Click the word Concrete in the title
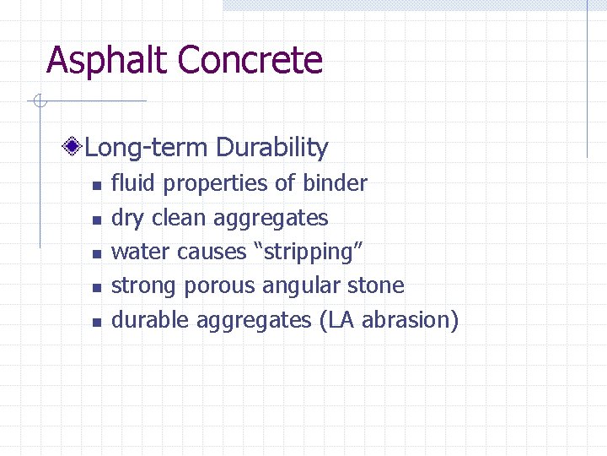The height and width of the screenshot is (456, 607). [x=250, y=61]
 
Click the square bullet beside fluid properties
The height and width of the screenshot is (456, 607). [x=97, y=185]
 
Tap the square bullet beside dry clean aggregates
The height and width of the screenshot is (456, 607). [x=97, y=220]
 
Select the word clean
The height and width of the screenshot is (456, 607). [x=179, y=218]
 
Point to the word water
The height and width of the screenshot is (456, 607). [x=141, y=252]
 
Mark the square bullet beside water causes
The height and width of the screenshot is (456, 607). [x=97, y=253]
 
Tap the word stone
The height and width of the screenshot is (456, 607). [x=376, y=286]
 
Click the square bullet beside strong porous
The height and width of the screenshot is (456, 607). [x=97, y=288]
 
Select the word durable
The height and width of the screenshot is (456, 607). [x=151, y=320]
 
